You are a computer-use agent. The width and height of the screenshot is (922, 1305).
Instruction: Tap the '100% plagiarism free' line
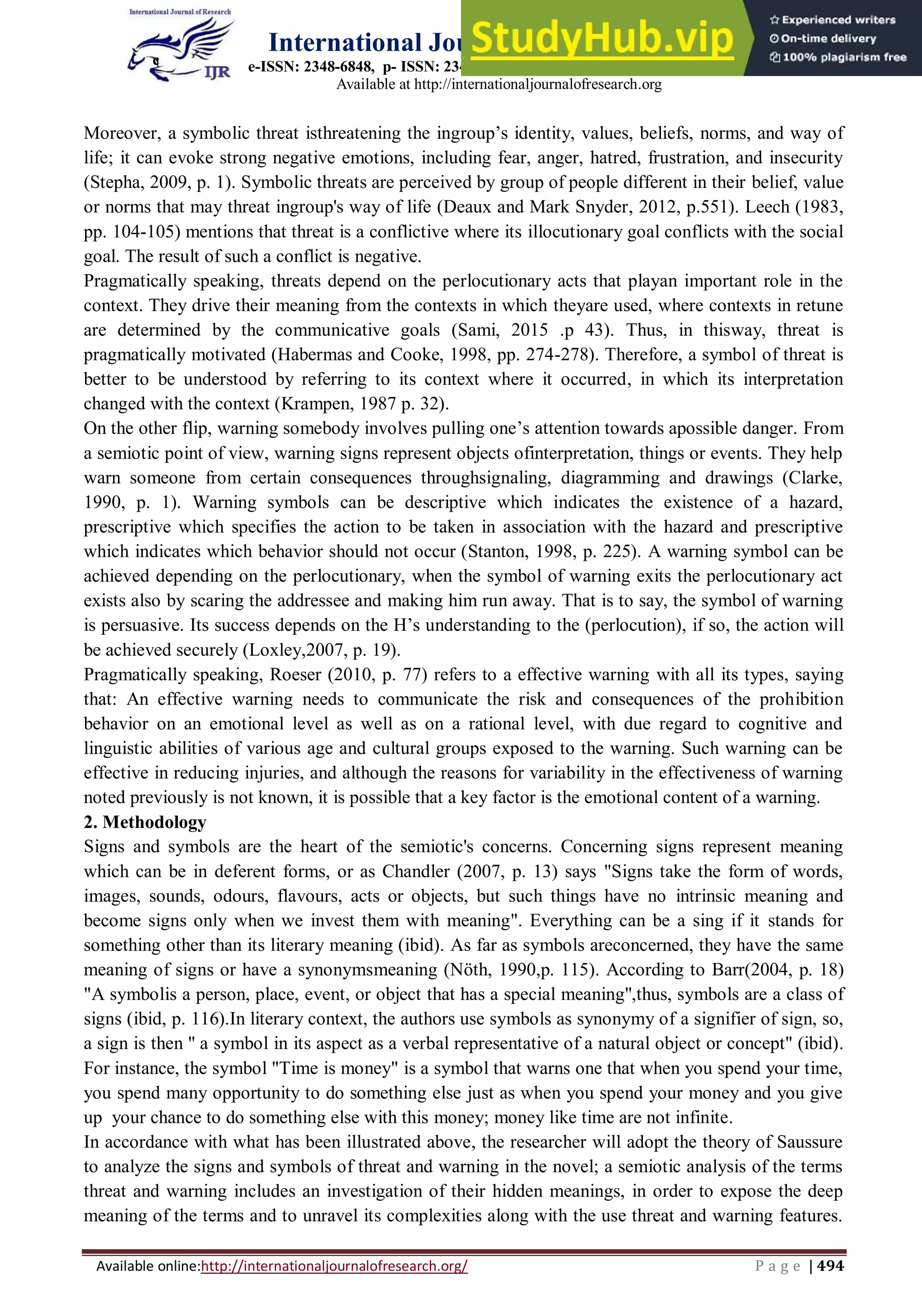(x=839, y=57)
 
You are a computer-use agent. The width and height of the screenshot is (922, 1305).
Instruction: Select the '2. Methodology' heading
(x=145, y=822)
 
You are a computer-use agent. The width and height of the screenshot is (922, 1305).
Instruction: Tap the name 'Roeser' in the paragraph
(x=295, y=675)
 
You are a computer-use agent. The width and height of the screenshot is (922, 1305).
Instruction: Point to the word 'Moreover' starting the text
(x=121, y=134)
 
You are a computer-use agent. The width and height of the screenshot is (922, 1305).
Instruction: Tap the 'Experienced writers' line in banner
(x=833, y=20)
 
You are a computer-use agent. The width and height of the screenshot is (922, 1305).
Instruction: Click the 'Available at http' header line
(x=499, y=85)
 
